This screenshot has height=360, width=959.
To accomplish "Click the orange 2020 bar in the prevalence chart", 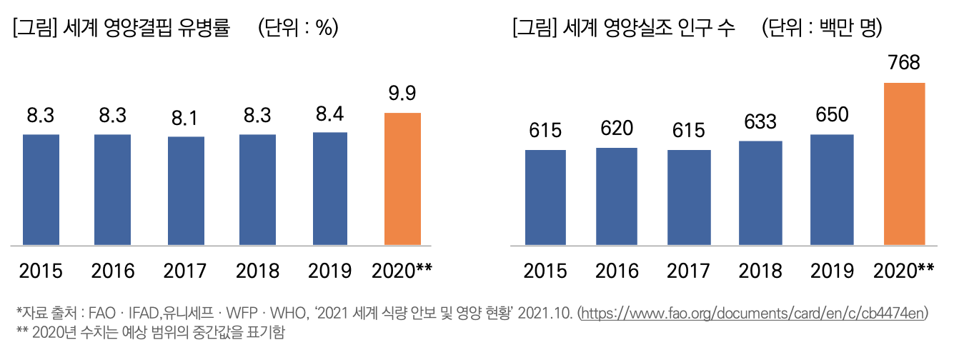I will tap(402, 179).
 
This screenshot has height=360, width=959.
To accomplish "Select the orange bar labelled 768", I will tap(904, 164).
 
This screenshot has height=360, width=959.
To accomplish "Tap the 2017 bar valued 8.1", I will tap(186, 191).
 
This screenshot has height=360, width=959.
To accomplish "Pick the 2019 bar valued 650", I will tap(832, 190).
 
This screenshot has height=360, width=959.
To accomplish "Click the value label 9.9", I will tap(402, 94).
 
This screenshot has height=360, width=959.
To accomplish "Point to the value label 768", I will tap(904, 64).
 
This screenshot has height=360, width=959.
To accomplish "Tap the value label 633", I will tap(760, 122).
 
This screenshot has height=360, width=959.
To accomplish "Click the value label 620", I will tap(617, 129).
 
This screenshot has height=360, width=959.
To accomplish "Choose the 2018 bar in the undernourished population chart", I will tap(760, 193).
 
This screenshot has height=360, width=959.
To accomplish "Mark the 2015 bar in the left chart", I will tap(41, 189).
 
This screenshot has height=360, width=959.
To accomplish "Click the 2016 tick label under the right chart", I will tap(617, 271).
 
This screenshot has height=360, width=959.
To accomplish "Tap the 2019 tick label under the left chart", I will tap(329, 271).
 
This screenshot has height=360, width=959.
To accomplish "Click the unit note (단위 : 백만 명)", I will tap(822, 29).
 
